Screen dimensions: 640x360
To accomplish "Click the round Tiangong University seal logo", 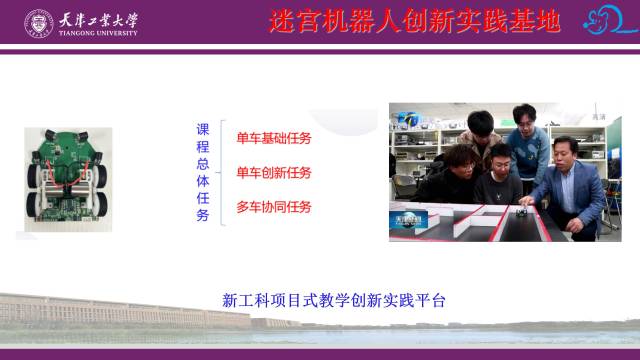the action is point(39,24).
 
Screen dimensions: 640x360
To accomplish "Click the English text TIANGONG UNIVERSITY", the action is point(98,33).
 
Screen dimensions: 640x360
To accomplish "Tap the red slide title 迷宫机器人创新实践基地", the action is point(415,21).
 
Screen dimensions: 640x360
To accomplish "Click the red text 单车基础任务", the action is point(274,138).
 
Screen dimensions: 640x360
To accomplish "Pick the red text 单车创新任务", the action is point(274,173).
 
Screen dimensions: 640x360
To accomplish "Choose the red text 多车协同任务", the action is point(274,207).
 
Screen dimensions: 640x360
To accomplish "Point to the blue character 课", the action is point(203,129).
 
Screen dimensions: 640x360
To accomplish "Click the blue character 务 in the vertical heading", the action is point(203,215).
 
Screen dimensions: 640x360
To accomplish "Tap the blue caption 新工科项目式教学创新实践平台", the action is point(333,300).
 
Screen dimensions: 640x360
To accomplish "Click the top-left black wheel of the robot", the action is point(33,176).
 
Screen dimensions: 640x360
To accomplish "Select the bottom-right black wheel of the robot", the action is point(102,204).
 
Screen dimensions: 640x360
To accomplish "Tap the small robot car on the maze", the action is point(522,212).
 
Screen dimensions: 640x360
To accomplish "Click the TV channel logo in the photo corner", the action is point(408,220).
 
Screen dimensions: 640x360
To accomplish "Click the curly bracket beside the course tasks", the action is point(221,173).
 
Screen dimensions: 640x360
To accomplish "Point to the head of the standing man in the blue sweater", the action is point(524,116).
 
